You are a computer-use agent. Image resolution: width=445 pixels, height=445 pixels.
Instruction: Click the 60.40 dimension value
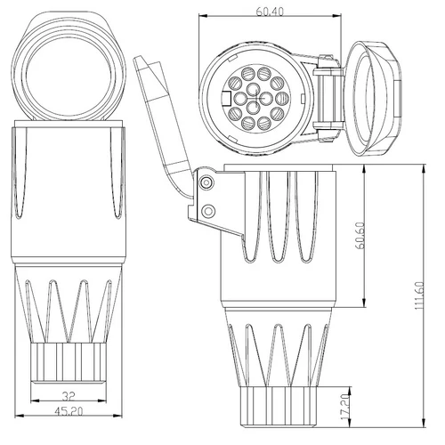pyautogui.click(x=270, y=12)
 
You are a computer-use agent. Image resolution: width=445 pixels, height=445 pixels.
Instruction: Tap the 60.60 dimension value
pyautogui.click(x=360, y=236)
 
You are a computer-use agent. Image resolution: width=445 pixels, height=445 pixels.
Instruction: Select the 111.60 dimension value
pyautogui.click(x=420, y=295)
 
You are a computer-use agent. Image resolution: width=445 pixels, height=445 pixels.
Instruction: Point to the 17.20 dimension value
pyautogui.click(x=345, y=407)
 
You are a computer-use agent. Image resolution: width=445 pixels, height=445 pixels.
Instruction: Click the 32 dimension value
pyautogui.click(x=69, y=396)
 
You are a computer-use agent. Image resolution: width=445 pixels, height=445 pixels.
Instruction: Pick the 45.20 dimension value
pyautogui.click(x=69, y=411)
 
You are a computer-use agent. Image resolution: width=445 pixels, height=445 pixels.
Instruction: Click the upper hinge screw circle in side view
pyautogui.click(x=206, y=182)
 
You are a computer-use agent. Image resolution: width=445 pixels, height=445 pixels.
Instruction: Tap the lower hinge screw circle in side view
pyautogui.click(x=208, y=211)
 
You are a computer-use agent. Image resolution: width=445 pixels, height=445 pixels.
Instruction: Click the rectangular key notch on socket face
pyautogui.click(x=226, y=98)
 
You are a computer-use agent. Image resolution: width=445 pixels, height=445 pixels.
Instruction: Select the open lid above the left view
pyautogui.click(x=69, y=66)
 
